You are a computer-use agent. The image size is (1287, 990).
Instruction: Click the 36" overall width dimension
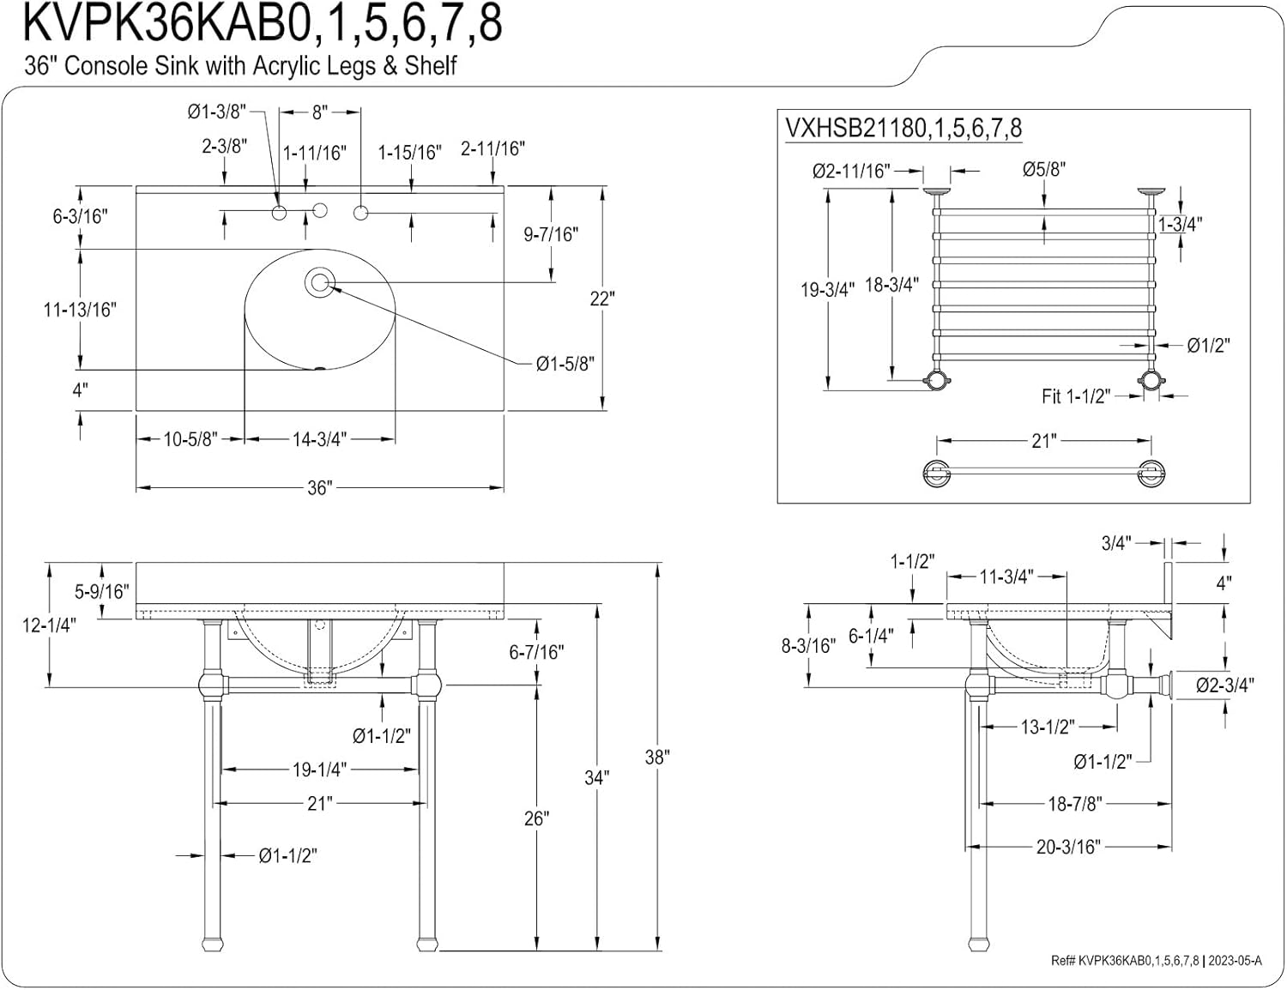[318, 488]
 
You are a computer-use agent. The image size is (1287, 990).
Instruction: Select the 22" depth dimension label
[602, 299]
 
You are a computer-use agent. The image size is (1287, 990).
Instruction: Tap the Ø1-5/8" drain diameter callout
[565, 364]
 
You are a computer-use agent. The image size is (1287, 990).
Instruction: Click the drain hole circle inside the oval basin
[320, 281]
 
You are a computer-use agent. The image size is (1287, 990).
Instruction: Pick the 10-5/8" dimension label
[190, 439]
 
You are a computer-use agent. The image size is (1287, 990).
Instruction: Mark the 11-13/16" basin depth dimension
[80, 310]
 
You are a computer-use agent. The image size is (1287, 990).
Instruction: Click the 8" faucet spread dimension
[320, 112]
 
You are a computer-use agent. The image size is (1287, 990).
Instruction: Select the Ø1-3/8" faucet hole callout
[217, 112]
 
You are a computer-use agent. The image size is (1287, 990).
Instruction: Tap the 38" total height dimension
[656, 758]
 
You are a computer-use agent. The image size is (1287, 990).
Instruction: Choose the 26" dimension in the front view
[536, 818]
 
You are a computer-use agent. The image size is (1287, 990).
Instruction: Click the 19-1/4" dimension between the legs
[318, 770]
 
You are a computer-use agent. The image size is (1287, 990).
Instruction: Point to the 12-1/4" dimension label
[49, 625]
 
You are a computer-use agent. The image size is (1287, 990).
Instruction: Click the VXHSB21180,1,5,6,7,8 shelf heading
[903, 129]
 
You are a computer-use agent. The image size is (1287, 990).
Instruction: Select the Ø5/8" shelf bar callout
[1043, 170]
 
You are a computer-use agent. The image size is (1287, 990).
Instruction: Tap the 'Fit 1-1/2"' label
[1075, 396]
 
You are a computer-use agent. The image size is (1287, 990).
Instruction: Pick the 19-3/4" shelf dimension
[827, 290]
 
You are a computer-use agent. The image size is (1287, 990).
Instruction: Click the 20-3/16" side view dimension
[1067, 848]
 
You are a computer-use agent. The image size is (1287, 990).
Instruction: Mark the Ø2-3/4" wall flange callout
[1225, 685]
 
